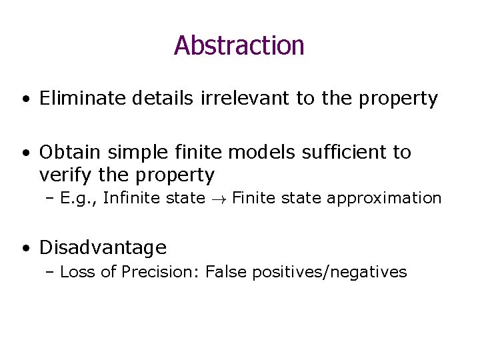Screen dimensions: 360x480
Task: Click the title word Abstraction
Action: coord(239,45)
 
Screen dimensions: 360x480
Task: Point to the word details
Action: coord(163,99)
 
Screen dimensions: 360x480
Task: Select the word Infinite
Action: coord(134,197)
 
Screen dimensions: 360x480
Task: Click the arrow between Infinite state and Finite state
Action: coord(219,198)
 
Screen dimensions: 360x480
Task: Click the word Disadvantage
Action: coord(103,248)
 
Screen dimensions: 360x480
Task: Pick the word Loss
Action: coord(75,271)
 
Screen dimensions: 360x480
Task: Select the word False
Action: coord(225,271)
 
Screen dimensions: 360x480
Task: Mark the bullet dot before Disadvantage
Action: coord(24,249)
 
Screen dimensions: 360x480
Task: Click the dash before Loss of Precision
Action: coord(52,271)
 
